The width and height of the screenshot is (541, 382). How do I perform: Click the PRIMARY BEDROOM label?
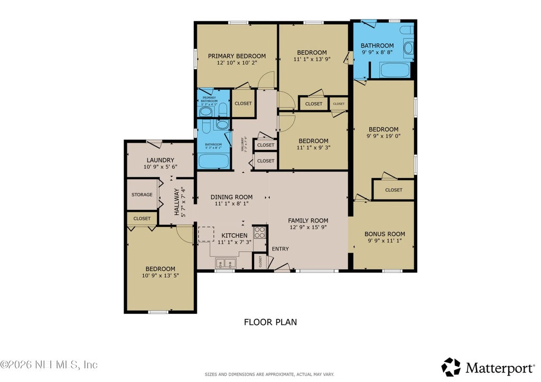[236, 56]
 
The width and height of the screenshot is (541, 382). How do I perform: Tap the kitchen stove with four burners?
[259, 232]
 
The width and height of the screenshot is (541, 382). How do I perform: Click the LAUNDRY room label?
[160, 160]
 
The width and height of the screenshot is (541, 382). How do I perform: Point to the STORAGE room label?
[142, 195]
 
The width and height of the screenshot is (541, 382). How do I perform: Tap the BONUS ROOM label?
[385, 234]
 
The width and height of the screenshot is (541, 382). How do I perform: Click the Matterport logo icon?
[451, 367]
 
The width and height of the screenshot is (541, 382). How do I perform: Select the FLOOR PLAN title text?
[270, 322]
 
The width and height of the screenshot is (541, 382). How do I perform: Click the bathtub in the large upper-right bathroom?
[394, 70]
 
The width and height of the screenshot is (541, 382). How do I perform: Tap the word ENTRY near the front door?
[280, 249]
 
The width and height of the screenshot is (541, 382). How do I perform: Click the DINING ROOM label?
[231, 197]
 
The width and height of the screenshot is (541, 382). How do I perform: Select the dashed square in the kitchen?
[206, 234]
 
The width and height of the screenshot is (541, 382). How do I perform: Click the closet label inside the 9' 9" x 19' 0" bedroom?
[393, 190]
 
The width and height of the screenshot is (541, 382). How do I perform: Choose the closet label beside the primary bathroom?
[242, 103]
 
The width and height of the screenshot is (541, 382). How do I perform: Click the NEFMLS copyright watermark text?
[49, 365]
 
